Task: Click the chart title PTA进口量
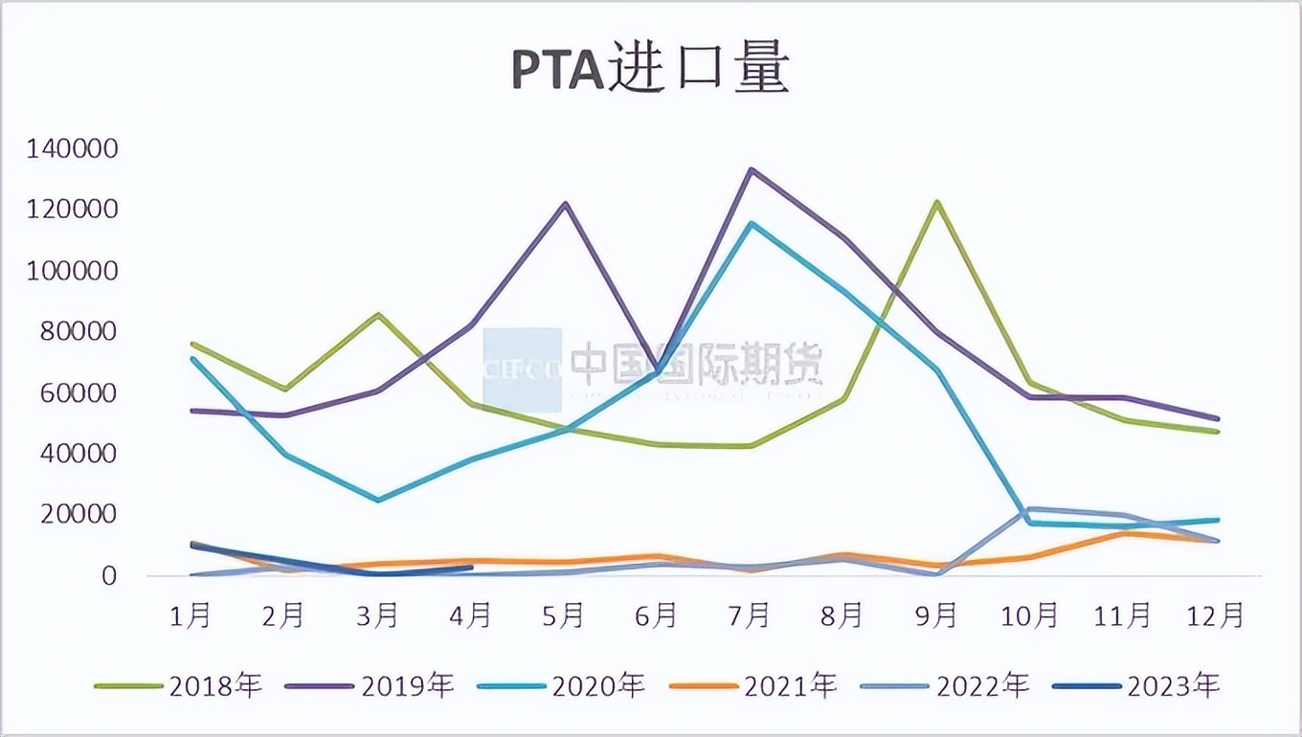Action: (x=650, y=71)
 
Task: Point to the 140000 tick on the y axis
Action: (x=72, y=149)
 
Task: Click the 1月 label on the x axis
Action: (x=190, y=615)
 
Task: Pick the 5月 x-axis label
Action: (x=564, y=615)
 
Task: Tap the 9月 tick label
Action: (x=937, y=615)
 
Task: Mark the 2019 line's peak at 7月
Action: (x=752, y=169)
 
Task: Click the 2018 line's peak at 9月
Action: (x=937, y=202)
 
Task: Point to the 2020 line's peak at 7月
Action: (x=752, y=223)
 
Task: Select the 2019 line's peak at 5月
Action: (x=565, y=203)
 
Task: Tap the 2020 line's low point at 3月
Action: (x=378, y=501)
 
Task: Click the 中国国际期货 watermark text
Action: (x=697, y=365)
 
